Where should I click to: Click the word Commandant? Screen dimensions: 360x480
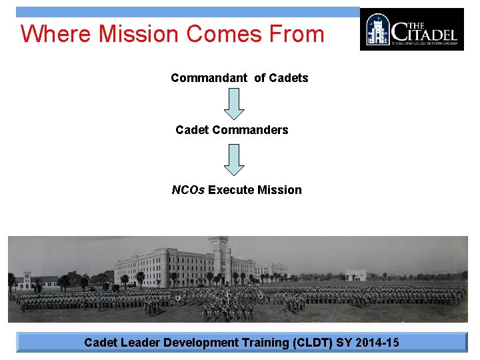tap(209, 78)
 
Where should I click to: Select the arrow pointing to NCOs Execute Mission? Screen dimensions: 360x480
tap(235, 159)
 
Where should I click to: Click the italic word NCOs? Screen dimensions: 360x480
tap(188, 190)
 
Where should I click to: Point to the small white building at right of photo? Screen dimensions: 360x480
tap(355, 275)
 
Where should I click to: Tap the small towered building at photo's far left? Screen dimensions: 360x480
tap(26, 279)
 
